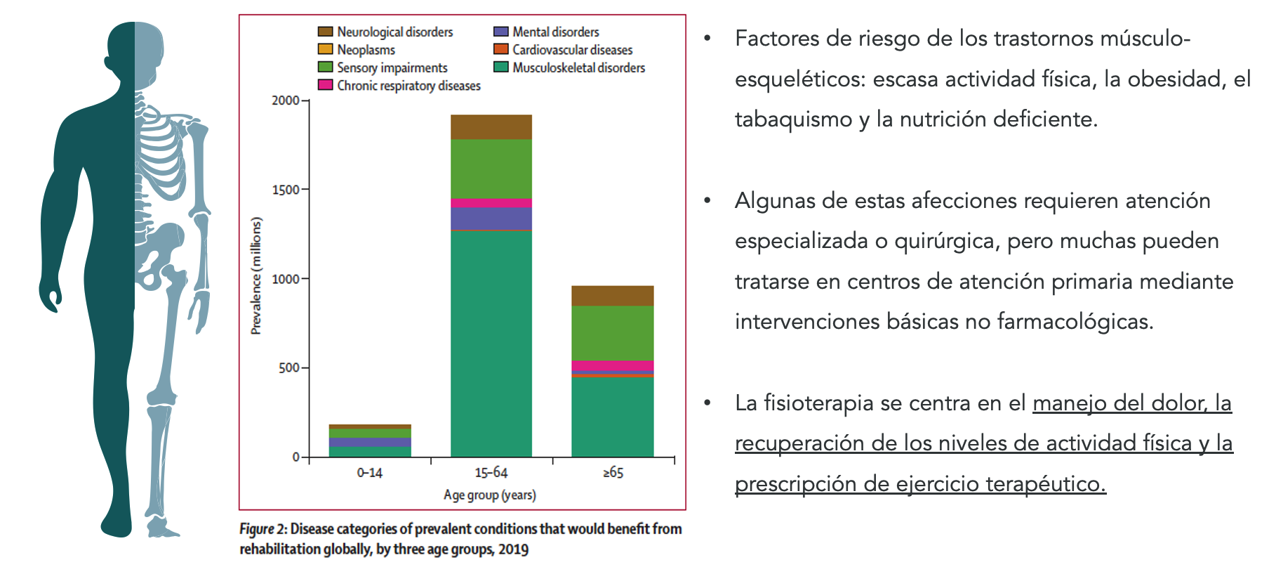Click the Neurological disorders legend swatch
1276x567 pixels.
[x=325, y=32]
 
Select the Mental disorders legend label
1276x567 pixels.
[x=555, y=32]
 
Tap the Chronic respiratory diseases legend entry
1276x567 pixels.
[x=408, y=85]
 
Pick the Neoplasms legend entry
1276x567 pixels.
[x=366, y=50]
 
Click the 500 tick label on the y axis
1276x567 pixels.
[x=289, y=367]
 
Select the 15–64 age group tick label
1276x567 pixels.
[x=491, y=472]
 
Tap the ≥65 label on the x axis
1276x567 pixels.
[x=613, y=472]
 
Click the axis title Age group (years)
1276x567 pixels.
[x=489, y=495]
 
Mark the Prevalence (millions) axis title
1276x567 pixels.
[x=256, y=275]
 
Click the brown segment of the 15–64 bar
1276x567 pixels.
[x=491, y=127]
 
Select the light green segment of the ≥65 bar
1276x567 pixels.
[x=612, y=333]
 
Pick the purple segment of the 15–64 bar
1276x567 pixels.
[x=491, y=219]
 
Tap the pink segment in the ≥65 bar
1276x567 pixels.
[x=612, y=365]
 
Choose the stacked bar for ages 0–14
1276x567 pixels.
[x=370, y=441]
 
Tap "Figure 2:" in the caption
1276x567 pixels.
[x=263, y=529]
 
